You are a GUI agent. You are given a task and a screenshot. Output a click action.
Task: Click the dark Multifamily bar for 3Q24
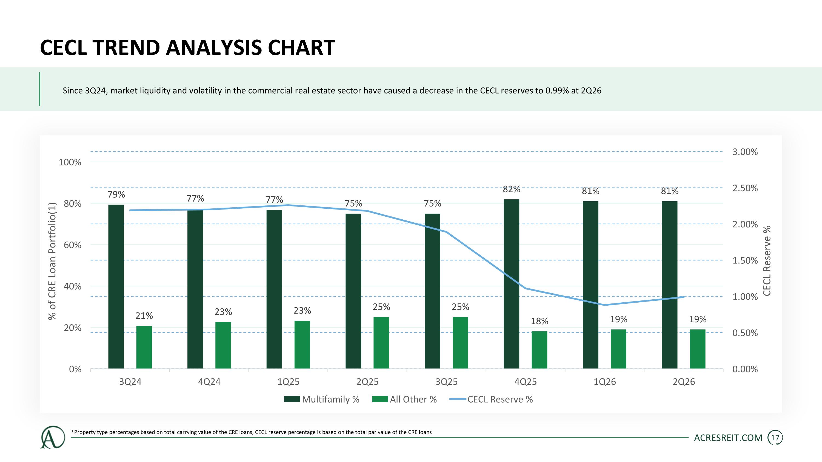116,287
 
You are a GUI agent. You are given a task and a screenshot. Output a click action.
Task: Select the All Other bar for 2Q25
381,343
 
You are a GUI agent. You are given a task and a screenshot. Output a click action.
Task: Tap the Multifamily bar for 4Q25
512,284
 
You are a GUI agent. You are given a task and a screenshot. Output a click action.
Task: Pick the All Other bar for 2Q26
698,349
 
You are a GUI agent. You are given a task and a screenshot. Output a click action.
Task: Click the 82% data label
512,189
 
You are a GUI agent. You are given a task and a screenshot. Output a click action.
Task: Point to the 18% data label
540,321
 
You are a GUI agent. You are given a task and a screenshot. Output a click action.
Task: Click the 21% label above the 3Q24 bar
144,316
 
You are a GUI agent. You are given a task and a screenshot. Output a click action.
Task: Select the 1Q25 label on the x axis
289,382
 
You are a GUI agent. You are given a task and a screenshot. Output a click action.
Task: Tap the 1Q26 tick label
605,382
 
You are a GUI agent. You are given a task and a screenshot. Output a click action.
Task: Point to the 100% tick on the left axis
70,162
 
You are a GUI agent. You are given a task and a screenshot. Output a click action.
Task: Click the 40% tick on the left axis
72,286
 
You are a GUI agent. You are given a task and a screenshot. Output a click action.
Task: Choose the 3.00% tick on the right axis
745,152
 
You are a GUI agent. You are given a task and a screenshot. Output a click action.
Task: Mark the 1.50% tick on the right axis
745,260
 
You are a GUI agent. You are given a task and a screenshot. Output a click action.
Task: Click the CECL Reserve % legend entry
491,399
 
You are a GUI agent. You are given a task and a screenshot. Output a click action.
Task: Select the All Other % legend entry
404,399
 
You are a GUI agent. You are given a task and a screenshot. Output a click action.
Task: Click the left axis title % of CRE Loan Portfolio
52,261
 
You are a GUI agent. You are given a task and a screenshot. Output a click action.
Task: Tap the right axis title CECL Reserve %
767,260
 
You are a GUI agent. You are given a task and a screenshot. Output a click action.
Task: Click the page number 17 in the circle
775,438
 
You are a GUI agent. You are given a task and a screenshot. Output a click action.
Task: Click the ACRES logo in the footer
52,437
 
